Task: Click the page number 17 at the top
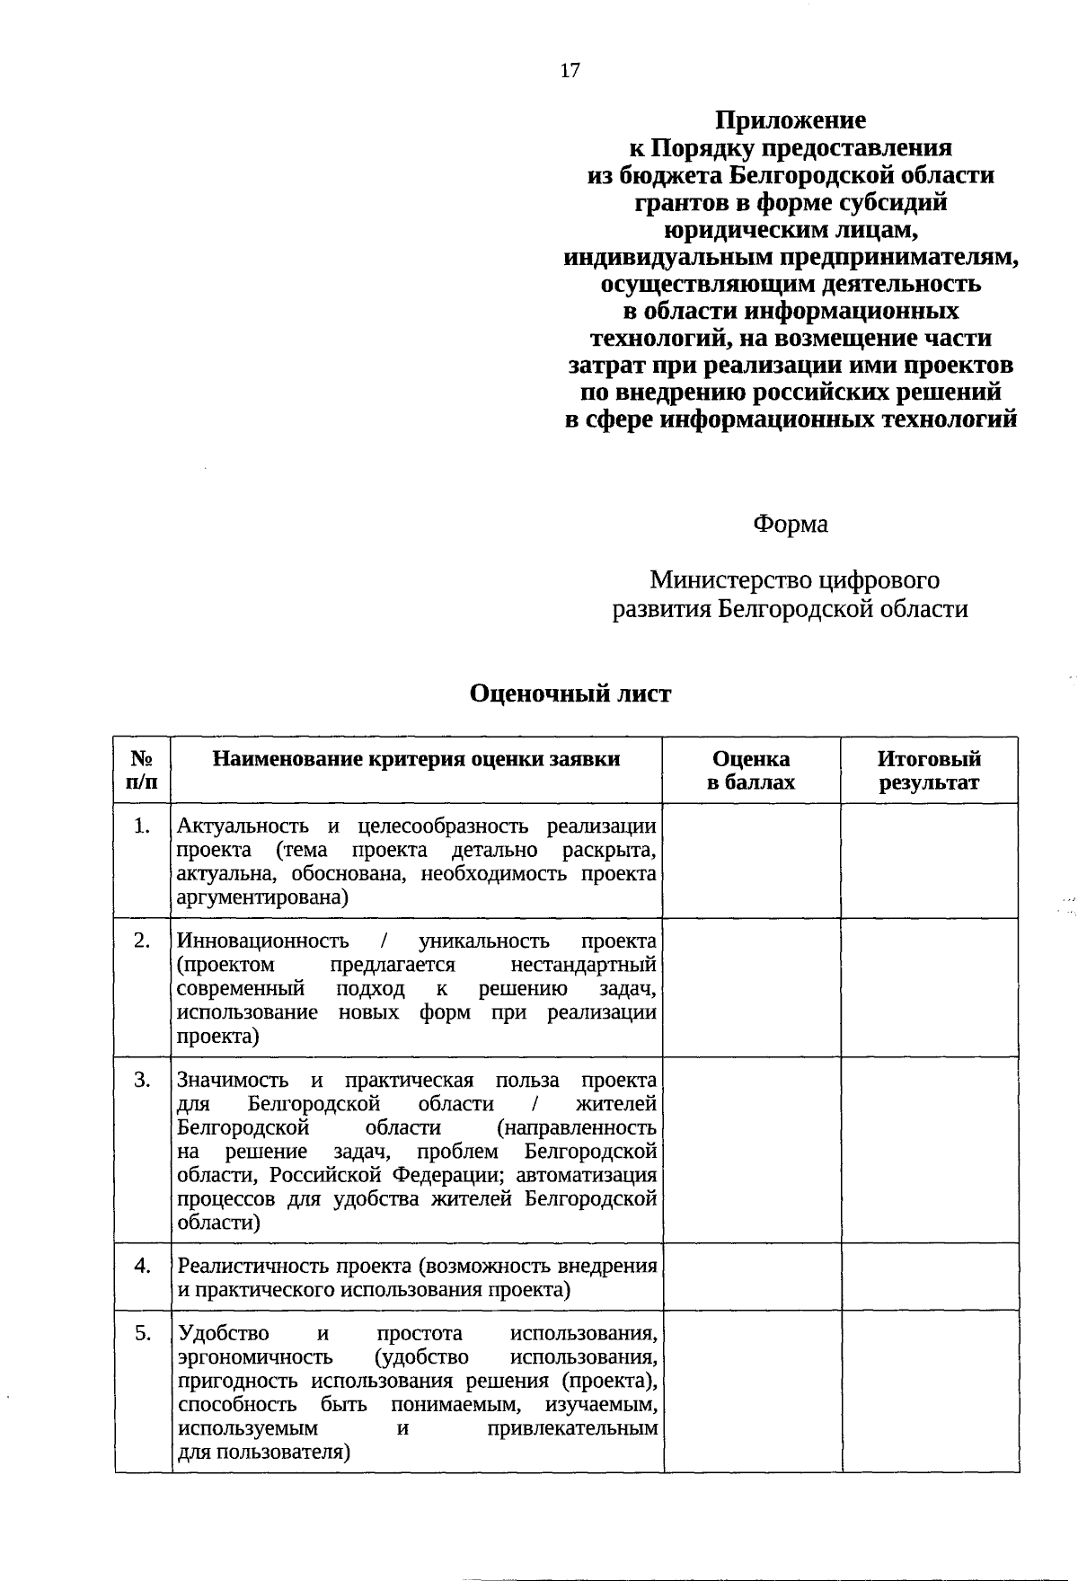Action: coord(570,71)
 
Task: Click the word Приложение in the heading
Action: coord(791,120)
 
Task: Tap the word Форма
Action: coord(791,524)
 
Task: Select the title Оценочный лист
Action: coord(570,693)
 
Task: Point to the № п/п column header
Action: coord(142,770)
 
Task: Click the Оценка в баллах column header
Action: coord(751,770)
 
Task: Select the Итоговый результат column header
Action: coord(929,770)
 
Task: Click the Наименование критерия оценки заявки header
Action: coord(416,759)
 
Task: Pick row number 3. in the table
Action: coord(142,1080)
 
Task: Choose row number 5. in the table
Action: coord(142,1333)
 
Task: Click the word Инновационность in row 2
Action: coord(263,941)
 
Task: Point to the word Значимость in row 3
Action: coord(234,1080)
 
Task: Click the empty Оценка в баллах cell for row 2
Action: coord(751,987)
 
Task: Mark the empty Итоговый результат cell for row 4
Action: coord(929,1276)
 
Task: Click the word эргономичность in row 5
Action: coord(255,1356)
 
